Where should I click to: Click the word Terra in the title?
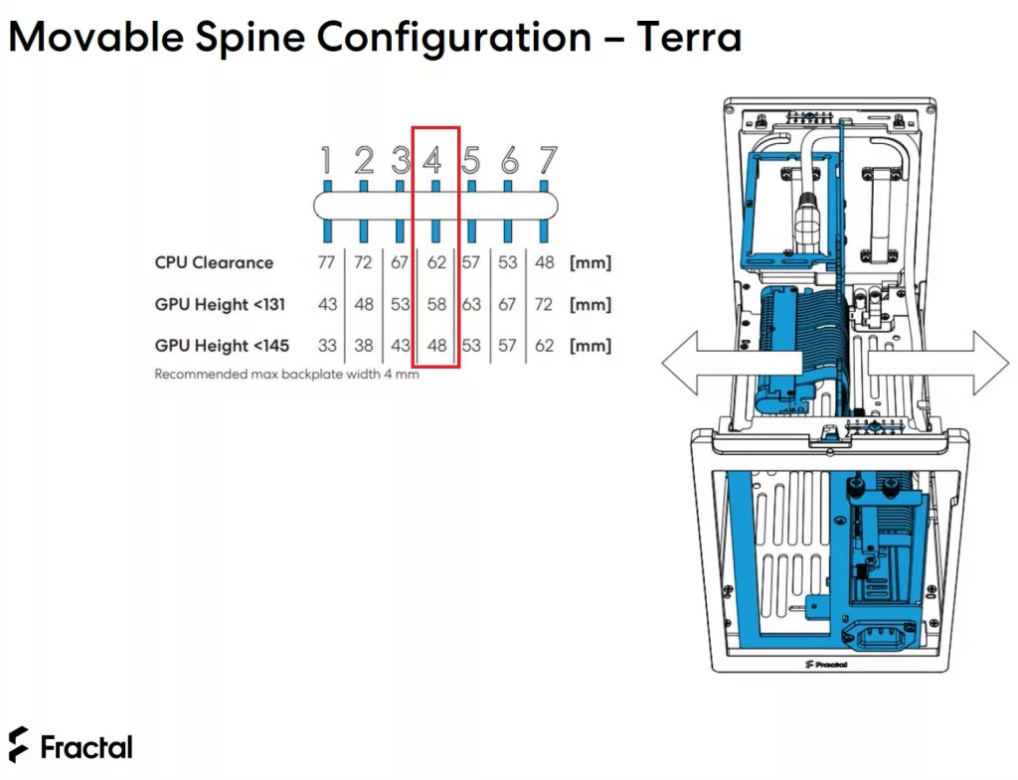(x=688, y=37)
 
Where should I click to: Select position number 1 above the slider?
(x=326, y=160)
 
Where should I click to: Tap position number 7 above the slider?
(x=548, y=160)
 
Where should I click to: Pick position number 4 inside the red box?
(x=432, y=160)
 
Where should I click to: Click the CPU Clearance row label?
(x=214, y=262)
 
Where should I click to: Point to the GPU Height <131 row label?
(x=220, y=304)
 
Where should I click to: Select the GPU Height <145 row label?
(x=222, y=346)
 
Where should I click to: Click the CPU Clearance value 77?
(x=326, y=262)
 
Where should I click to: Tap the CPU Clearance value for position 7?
(x=544, y=262)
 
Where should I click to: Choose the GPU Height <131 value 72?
(x=544, y=304)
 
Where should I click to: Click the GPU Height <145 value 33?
(x=327, y=346)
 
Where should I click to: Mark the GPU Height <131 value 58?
(x=436, y=304)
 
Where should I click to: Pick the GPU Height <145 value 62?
(x=544, y=346)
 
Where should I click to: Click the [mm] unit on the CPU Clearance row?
(x=591, y=262)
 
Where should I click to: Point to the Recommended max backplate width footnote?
(x=286, y=375)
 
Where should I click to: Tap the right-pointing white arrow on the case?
(x=938, y=363)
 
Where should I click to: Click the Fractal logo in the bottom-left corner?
(x=71, y=745)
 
